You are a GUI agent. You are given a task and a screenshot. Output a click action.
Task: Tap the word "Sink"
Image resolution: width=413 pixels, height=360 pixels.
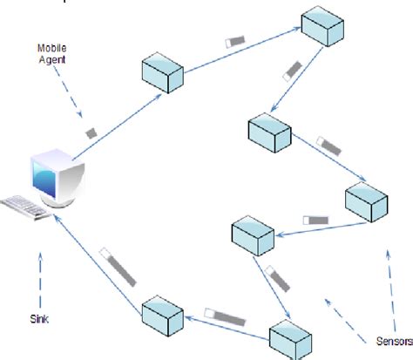[38, 319]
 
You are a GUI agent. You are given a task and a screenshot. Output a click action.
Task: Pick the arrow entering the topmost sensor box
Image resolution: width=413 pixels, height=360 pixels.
[243, 51]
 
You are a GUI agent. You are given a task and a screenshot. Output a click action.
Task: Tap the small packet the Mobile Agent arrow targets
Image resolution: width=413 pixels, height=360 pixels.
[91, 133]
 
